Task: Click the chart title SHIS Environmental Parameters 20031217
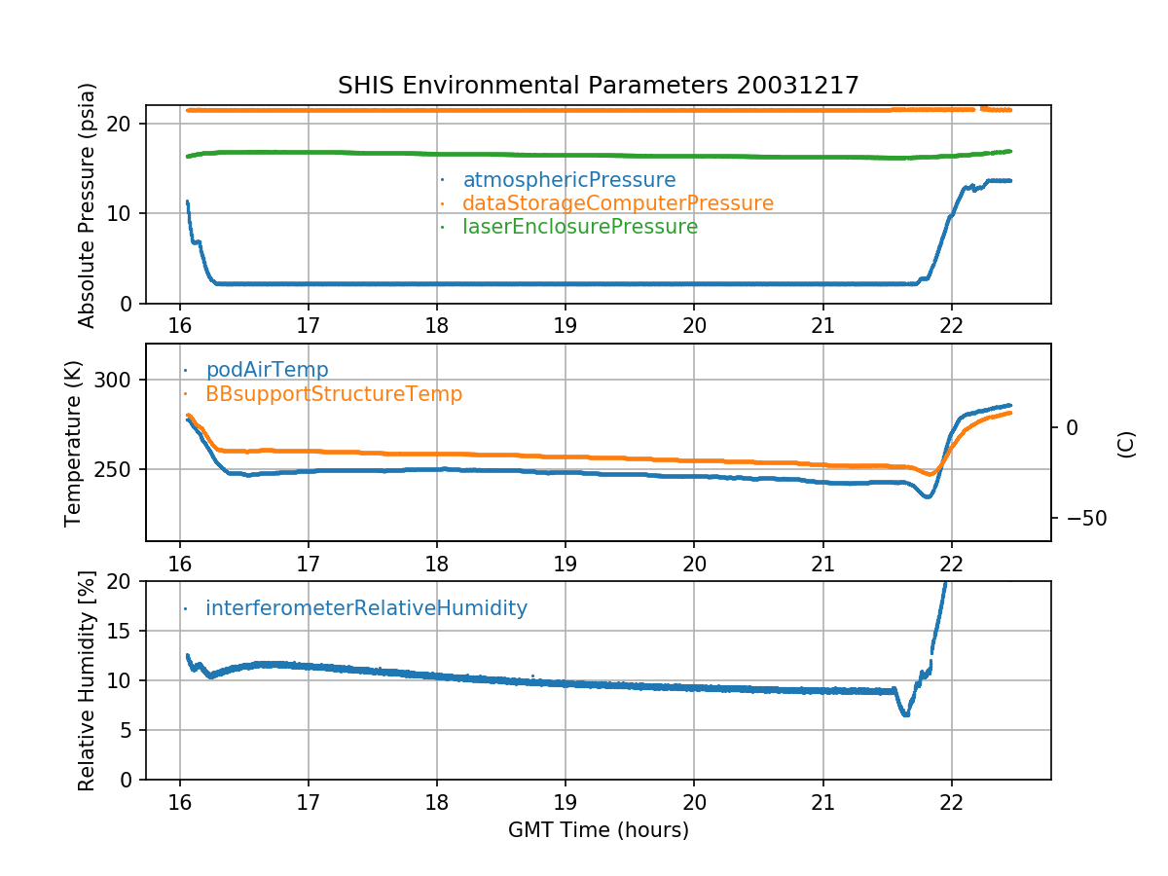[x=598, y=86]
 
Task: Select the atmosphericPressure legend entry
[x=568, y=180]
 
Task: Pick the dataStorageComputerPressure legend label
[x=617, y=203]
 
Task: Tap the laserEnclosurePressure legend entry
[x=579, y=227]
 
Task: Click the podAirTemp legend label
[x=267, y=370]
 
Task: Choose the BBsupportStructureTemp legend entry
[x=333, y=394]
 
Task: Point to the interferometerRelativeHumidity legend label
[x=366, y=608]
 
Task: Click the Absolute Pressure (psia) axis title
[x=88, y=204]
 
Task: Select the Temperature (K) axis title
[x=74, y=442]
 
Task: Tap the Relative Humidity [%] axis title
[x=88, y=680]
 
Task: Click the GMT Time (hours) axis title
[x=598, y=830]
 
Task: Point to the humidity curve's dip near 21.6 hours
[x=905, y=713]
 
